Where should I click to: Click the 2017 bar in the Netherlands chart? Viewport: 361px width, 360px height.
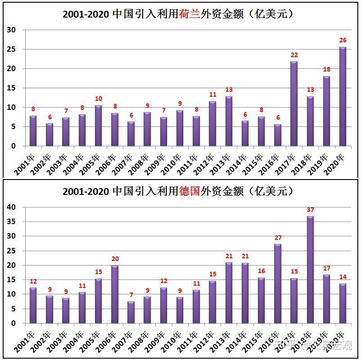click(294, 104)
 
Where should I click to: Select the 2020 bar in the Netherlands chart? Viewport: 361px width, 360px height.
click(343, 97)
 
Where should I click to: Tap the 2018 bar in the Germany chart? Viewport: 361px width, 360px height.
click(310, 270)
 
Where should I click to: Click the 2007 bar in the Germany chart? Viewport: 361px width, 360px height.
click(131, 312)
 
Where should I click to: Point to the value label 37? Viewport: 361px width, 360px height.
click(311, 210)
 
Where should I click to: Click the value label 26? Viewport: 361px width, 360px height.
click(343, 40)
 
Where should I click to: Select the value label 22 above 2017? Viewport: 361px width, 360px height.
click(294, 55)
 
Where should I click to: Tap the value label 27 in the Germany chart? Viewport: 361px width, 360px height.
click(278, 238)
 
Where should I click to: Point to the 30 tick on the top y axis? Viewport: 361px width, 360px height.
click(11, 30)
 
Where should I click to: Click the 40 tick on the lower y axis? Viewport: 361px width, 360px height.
click(11, 207)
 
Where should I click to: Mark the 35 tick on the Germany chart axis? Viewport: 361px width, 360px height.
click(11, 221)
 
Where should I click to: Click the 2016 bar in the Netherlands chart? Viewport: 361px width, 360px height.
click(278, 135)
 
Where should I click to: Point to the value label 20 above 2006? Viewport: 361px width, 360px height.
click(115, 259)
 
